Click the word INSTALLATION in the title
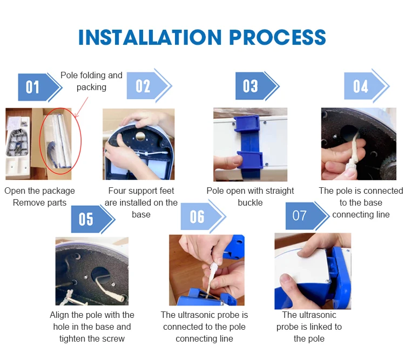point(150,37)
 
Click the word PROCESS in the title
point(278,37)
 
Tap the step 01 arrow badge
point(40,87)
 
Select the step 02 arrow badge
point(149,85)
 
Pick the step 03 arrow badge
point(257,86)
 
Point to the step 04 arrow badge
point(367,86)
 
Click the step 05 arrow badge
point(93,220)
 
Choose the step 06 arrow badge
point(203,216)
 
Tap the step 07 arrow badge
point(307,216)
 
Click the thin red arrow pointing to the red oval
point(81,107)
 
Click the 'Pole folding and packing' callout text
point(91,81)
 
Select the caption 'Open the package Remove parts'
point(39,196)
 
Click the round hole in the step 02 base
point(140,136)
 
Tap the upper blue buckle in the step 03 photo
point(246,124)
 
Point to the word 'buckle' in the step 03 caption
point(250,202)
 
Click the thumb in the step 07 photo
point(287,283)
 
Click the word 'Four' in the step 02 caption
point(117,191)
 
